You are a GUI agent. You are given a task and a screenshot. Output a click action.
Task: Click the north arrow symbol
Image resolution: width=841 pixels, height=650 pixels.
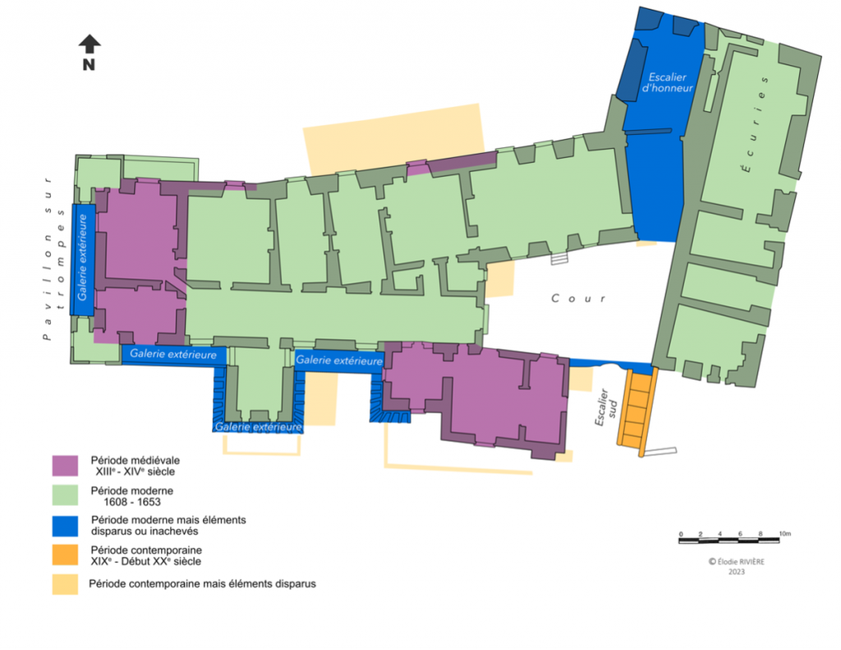(90, 44)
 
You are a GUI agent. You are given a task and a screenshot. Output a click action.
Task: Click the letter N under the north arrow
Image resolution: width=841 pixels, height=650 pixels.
(89, 65)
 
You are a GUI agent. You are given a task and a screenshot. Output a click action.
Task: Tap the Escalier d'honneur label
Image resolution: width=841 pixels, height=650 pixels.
(667, 83)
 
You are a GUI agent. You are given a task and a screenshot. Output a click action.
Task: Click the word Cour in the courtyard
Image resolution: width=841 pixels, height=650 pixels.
(579, 298)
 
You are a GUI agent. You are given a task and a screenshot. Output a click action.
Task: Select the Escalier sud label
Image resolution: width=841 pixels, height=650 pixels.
(607, 408)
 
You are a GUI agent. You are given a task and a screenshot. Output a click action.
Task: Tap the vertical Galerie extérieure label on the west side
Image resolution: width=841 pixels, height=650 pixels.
(82, 258)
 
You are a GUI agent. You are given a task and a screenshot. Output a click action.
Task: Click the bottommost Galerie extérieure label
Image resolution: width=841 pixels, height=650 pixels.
(258, 427)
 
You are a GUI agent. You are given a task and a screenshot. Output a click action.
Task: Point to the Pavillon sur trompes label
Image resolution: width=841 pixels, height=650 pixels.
(53, 258)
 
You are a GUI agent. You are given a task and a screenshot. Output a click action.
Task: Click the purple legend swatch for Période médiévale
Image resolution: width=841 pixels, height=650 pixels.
(65, 465)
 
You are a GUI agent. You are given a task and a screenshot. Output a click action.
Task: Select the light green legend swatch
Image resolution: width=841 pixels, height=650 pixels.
(65, 496)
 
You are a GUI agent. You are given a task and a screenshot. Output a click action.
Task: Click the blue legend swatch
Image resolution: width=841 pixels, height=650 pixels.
(65, 526)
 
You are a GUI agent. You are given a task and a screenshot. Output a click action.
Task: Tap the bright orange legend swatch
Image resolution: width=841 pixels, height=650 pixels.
(65, 555)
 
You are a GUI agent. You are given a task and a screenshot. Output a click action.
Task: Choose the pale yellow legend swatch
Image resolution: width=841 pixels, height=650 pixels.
(65, 584)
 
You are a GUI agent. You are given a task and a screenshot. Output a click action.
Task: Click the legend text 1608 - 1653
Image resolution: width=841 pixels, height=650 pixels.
(132, 502)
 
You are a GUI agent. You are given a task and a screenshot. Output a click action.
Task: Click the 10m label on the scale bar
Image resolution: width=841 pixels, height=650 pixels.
(784, 533)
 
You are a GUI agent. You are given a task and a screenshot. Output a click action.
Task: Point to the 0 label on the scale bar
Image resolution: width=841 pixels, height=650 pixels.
(681, 534)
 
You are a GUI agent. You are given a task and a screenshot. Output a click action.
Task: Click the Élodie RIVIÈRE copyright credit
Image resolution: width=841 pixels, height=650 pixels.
(737, 561)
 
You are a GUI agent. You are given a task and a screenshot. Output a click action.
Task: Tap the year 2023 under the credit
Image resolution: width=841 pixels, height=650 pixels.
(737, 572)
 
